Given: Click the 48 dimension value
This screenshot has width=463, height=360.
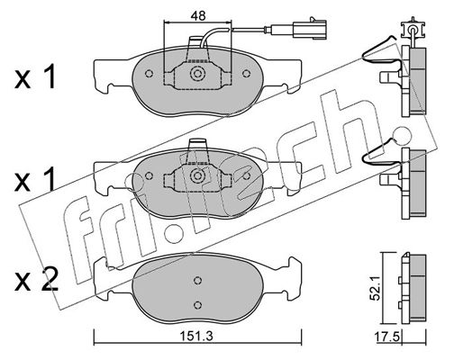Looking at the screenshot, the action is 198,15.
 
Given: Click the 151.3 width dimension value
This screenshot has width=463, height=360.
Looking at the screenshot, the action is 196,336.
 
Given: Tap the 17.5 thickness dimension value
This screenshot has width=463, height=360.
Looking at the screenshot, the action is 387,337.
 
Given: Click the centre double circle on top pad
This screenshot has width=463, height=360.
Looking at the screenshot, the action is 197,74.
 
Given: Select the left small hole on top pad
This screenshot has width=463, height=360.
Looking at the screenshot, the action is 149,74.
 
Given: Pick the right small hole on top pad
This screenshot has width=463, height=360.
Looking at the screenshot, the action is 246,74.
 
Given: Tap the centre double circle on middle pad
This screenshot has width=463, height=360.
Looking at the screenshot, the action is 197,175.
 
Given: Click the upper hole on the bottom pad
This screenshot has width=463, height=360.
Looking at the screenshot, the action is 197,280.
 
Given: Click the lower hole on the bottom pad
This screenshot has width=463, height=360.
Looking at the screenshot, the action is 197,305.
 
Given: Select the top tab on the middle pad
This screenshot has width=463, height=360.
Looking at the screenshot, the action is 197,144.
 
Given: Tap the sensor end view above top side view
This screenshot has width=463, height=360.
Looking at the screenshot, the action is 413,30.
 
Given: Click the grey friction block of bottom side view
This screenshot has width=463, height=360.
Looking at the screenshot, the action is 418,288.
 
